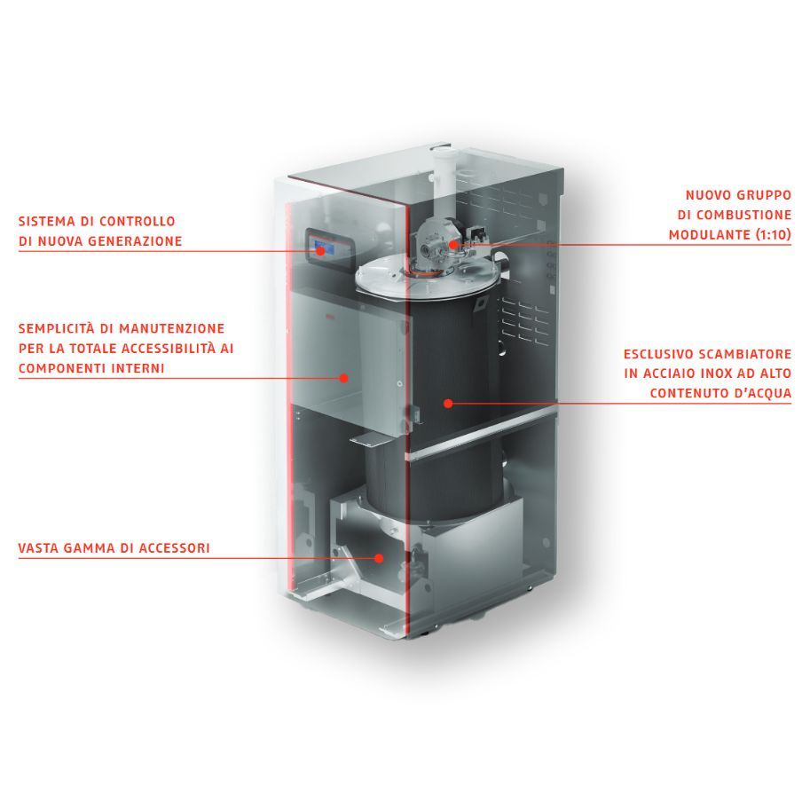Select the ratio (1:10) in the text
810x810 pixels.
(x=769, y=234)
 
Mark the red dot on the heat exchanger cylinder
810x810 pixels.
(x=448, y=403)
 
